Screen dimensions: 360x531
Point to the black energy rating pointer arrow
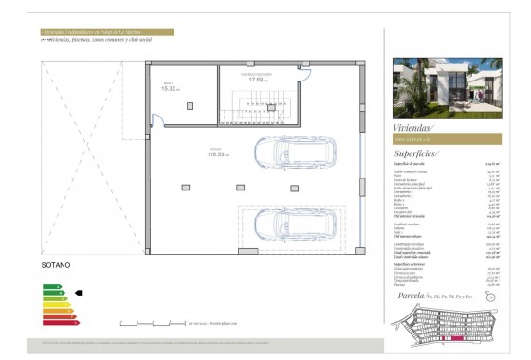click(79, 294)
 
